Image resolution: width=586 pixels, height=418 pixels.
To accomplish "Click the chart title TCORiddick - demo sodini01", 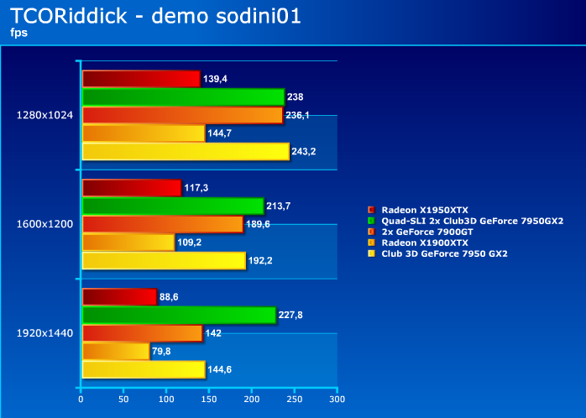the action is coord(155,16).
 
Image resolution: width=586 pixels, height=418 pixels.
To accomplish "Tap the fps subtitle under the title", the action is coord(18,33).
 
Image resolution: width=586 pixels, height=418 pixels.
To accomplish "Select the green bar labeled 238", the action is coord(184,97).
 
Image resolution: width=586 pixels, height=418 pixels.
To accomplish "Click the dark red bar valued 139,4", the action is coord(141,79).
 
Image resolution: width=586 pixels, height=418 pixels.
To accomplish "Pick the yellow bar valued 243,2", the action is coord(186,151).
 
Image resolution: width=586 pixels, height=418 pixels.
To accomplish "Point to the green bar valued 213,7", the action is coord(173,206).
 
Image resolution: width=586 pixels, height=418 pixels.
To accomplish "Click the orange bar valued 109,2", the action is coord(128,243).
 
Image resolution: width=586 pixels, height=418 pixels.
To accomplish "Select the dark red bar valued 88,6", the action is coord(119,296).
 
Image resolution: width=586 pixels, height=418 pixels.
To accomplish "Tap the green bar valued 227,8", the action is coord(180,315).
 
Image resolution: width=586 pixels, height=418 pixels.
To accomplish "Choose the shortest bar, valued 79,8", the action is coord(116,351).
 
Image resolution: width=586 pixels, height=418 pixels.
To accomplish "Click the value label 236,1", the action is coord(297,115).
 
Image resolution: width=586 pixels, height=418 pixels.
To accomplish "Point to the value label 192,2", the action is coord(260,260).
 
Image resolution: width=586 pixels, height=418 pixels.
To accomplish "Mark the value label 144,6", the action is coord(219,369).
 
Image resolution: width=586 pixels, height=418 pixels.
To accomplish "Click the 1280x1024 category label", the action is coord(44,115).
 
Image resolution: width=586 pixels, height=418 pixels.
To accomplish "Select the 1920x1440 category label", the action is coord(44,333).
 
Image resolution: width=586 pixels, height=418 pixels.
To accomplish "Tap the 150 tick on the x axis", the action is coord(209,400).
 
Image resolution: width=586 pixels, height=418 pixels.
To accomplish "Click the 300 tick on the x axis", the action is coord(337,400).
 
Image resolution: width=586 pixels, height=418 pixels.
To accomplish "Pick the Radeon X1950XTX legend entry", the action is coord(418,210).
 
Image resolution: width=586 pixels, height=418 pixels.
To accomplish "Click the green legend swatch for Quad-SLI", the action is coord(371,221).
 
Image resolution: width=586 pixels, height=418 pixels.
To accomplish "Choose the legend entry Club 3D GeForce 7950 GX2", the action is coord(437,253).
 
